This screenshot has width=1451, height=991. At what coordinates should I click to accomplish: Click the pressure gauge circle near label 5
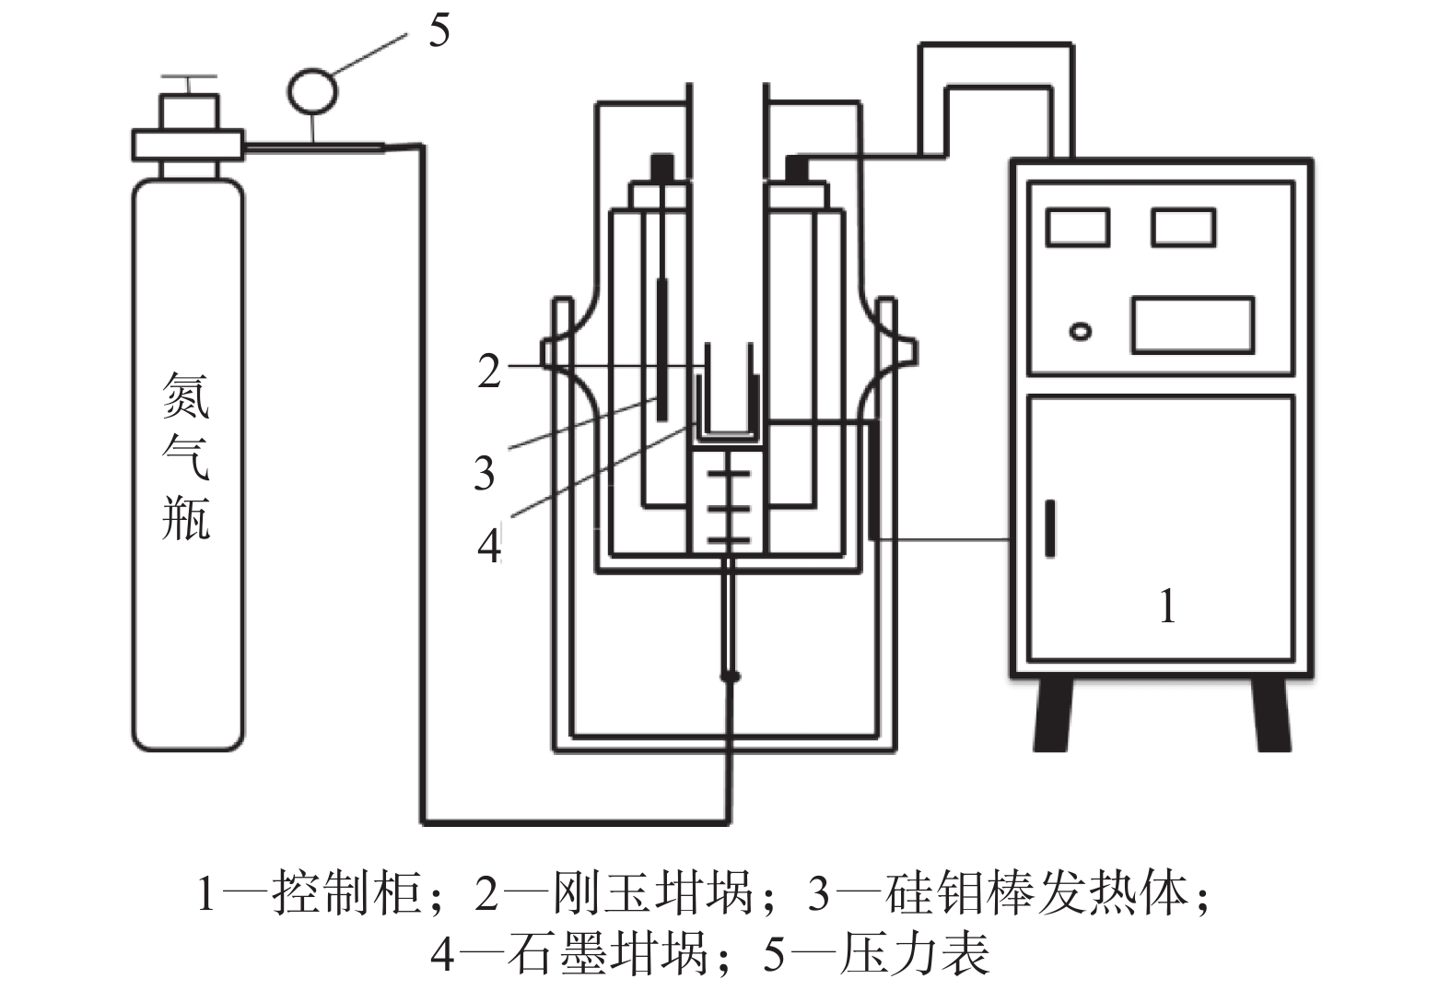tap(313, 89)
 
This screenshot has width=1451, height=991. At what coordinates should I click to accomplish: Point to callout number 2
tap(489, 371)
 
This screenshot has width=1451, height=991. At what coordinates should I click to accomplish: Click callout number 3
tap(485, 473)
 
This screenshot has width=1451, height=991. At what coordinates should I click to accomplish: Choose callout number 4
tap(489, 545)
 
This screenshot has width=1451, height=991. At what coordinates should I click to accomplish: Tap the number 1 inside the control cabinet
tap(1167, 607)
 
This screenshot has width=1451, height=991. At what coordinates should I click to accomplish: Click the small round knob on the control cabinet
tap(1081, 330)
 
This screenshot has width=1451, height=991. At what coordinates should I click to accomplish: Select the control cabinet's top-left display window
tap(1078, 227)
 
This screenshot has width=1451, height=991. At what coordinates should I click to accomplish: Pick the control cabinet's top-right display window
tap(1184, 227)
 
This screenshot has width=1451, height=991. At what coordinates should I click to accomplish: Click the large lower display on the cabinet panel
tap(1192, 324)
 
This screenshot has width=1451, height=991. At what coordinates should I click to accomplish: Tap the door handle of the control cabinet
tap(1049, 527)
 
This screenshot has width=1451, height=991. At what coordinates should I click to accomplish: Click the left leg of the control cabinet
tap(1054, 715)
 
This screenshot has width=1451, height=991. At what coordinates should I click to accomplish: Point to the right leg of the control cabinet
tap(1271, 715)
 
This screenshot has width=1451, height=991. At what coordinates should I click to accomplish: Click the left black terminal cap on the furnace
tap(661, 168)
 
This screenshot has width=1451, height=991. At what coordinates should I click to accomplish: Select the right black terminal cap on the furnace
tap(797, 168)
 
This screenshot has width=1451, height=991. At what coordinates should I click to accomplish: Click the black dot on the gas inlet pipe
tap(731, 678)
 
